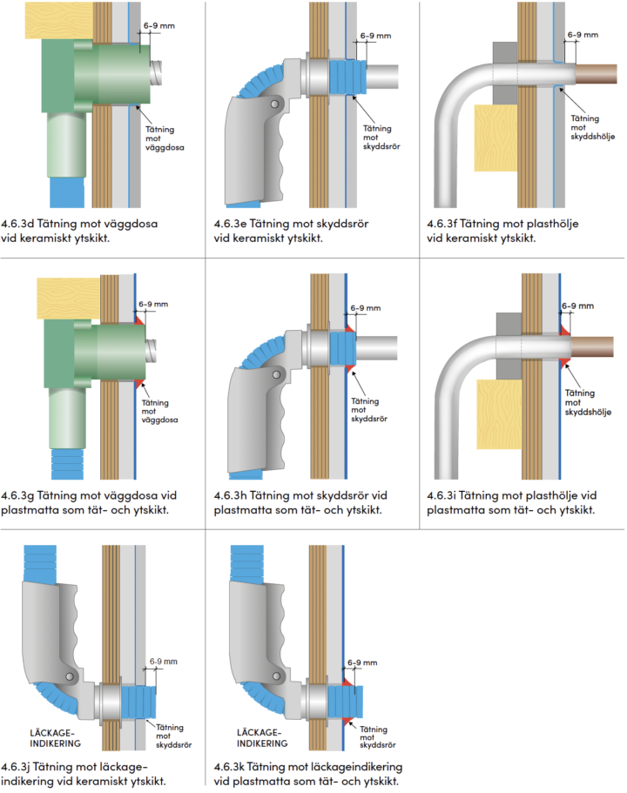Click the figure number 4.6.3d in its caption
point(22,224)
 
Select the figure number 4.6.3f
point(447,224)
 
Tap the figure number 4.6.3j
point(21,766)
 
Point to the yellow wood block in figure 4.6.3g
point(66,297)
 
